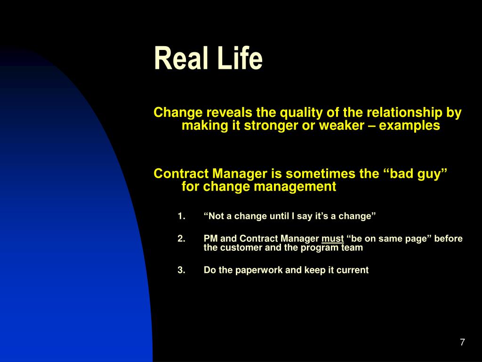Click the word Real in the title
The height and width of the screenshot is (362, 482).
[x=181, y=58]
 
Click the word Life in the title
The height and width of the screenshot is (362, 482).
[x=240, y=58]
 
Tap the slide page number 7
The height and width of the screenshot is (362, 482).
[x=462, y=342]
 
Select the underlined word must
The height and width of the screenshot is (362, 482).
[x=333, y=239]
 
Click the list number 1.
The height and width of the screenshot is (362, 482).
[x=181, y=216]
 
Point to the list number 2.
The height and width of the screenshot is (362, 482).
[x=181, y=239]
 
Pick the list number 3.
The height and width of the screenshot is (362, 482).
[x=181, y=270]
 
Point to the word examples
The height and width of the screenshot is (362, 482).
[x=409, y=126]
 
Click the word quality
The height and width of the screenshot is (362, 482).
[x=301, y=113]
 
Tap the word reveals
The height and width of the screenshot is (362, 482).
[x=229, y=113]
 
